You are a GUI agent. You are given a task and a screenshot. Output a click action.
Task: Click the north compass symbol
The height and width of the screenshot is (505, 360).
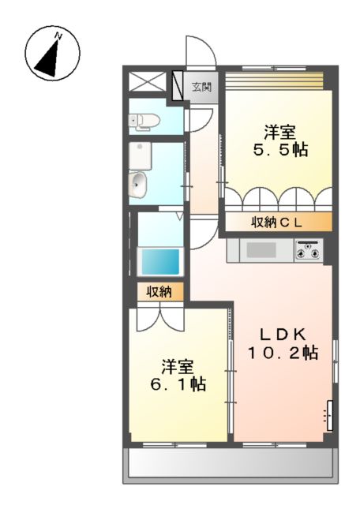click(49, 54)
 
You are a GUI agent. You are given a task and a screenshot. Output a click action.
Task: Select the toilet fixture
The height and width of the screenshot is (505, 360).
click(145, 120)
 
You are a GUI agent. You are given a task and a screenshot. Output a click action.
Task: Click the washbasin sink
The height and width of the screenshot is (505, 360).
click(137, 184)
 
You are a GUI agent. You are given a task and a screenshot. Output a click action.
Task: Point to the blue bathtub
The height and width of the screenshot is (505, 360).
click(160, 261)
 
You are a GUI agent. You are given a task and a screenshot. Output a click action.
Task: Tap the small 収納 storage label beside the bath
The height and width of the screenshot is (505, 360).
click(159, 292)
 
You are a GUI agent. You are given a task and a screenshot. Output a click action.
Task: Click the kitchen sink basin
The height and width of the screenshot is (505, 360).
click(259, 251)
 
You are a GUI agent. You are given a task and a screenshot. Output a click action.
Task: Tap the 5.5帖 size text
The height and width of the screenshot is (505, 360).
click(279, 148)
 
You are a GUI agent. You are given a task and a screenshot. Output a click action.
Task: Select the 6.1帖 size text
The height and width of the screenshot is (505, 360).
click(178, 385)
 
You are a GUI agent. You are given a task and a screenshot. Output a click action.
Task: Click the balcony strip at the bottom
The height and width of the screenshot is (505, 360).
click(228, 466)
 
